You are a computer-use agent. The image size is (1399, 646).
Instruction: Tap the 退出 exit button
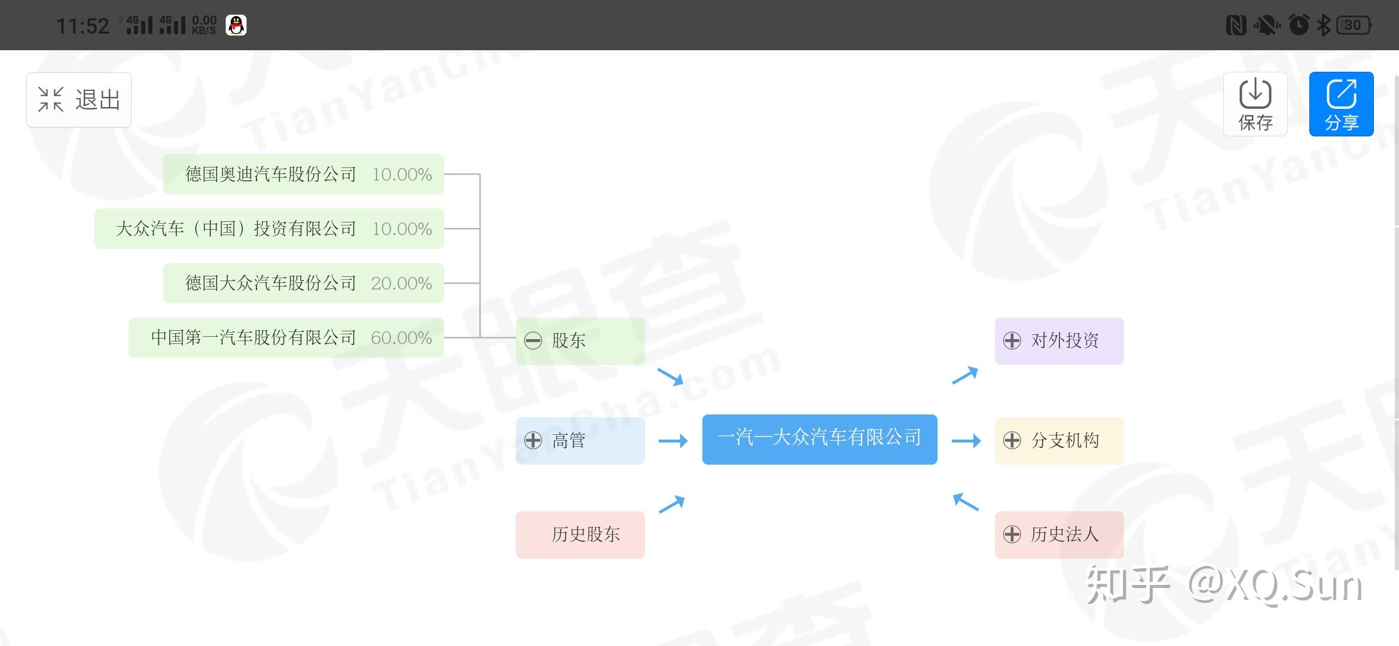79,100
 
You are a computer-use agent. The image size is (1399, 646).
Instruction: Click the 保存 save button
1255,104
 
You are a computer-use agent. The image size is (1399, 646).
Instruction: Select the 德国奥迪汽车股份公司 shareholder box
303,174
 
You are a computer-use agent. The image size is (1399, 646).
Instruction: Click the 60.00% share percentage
401,338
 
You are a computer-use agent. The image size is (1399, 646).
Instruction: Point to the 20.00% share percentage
401,284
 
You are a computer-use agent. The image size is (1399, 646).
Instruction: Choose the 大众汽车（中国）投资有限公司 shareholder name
236,228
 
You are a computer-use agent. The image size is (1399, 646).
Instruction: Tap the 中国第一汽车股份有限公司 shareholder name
253,338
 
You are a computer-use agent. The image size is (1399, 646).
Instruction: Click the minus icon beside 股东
533,341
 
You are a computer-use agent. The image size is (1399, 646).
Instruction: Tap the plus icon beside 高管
533,441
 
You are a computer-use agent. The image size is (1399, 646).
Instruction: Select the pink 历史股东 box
580,535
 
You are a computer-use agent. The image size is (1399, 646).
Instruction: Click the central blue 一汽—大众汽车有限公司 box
819,439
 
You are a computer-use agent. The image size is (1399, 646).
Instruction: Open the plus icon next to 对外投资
1012,341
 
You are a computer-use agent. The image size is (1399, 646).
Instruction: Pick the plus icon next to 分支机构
1012,441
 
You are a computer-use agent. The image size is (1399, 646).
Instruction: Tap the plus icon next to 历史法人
1012,534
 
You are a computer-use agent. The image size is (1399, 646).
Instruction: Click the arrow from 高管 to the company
673,441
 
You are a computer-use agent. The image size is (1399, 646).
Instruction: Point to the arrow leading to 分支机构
966,441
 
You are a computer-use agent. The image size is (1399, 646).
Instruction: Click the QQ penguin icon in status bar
236,25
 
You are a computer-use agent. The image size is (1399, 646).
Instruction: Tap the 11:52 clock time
83,26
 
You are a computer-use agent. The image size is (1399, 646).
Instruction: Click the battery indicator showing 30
1354,25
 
